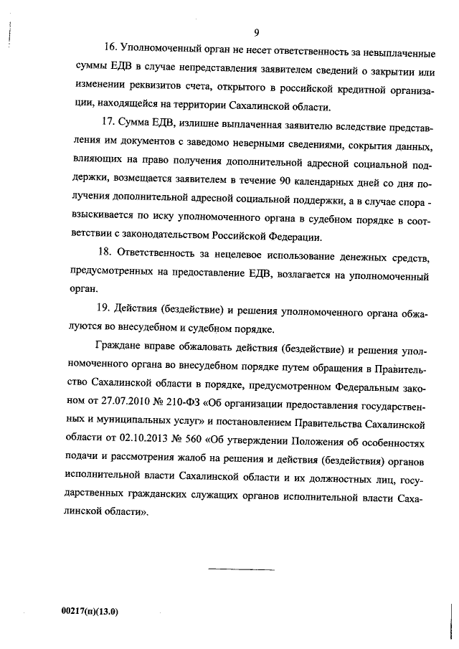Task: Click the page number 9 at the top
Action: (x=255, y=32)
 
